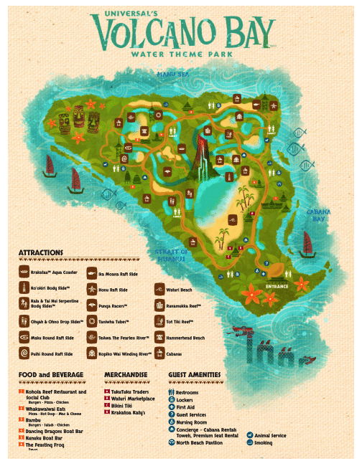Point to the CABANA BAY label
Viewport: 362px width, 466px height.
(319, 216)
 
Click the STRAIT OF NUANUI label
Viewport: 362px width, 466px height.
(172, 255)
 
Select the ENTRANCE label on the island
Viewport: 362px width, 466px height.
(277, 286)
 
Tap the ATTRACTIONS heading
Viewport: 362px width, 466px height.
(41, 253)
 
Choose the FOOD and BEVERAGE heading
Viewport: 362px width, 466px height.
(51, 375)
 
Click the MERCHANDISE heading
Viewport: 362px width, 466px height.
(126, 375)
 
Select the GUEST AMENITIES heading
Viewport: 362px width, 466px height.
(195, 375)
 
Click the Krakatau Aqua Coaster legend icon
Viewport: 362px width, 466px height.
(24, 273)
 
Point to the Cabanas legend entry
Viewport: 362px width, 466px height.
(175, 354)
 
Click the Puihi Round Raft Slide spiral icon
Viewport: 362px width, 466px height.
(24, 354)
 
